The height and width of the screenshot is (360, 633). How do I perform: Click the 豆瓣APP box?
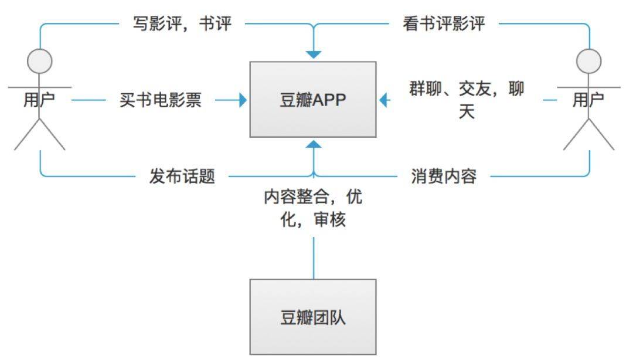pos(313,100)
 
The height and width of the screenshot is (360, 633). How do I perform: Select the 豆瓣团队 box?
pos(313,317)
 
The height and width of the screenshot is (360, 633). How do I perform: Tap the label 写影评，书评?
pos(182,23)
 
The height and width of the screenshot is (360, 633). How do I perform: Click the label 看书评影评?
pos(443,23)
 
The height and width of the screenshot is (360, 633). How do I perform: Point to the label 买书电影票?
pos(160,100)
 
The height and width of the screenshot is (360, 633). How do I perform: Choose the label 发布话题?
pos(182,176)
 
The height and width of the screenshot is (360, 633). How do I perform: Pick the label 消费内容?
pos(444,176)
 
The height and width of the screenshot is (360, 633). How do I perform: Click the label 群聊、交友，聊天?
pos(467,100)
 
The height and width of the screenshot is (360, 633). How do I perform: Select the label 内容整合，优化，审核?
pos(313,208)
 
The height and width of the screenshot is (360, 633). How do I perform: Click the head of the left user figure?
pos(40,62)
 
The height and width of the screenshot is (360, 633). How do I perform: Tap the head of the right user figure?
pos(588,62)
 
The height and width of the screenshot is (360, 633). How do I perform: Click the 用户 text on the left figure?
pos(39,100)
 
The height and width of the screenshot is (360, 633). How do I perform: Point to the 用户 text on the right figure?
pos(588,100)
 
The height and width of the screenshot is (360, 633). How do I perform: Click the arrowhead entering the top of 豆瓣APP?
pos(313,55)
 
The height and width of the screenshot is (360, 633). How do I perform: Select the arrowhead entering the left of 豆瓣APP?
pos(243,100)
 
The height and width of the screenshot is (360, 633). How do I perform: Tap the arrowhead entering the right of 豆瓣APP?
pos(383,100)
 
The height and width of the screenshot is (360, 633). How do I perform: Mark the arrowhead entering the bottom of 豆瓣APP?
pos(313,144)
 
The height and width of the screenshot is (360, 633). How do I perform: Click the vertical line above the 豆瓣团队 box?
pos(314,258)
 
